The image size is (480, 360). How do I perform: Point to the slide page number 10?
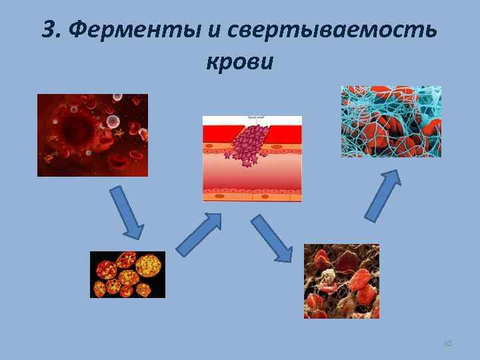[447, 343]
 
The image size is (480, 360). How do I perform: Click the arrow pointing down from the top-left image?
[126, 213]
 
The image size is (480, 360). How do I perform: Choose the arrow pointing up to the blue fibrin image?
[383, 195]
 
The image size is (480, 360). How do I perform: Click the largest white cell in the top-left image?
[113, 122]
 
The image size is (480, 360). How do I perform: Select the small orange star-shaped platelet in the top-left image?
[121, 133]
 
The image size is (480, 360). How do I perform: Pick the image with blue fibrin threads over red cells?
[391, 121]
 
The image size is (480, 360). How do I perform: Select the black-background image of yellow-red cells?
[127, 274]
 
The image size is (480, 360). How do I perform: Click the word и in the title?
[215, 31]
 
